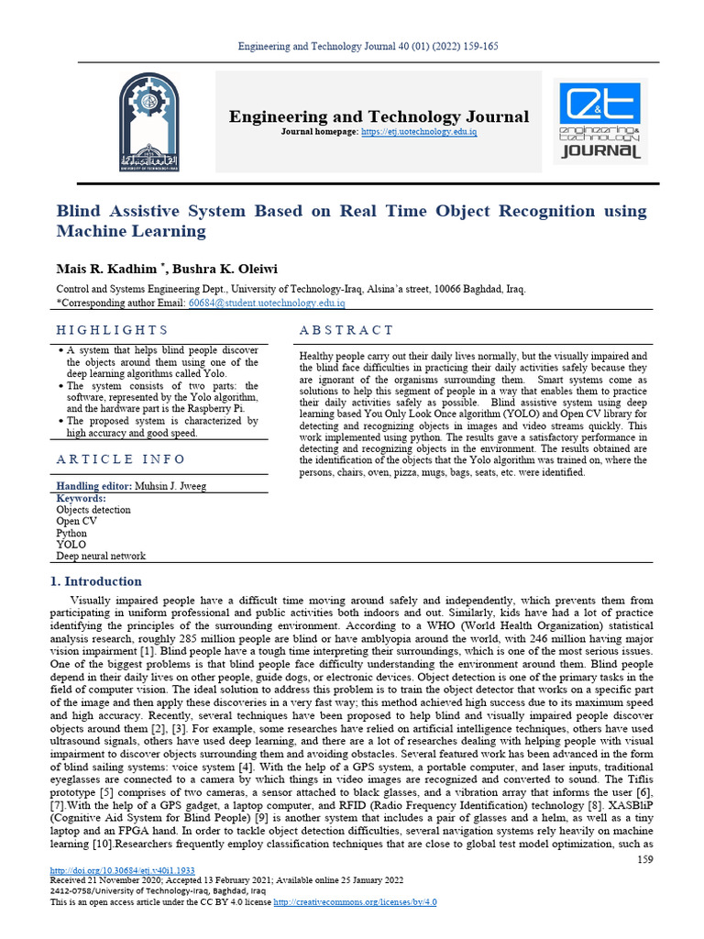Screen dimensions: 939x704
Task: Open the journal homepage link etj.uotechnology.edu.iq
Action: [x=419, y=133]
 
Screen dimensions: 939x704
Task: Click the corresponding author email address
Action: [x=266, y=303]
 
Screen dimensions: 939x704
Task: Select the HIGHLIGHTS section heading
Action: [x=113, y=330]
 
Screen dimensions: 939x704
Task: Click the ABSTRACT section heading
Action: [x=346, y=330]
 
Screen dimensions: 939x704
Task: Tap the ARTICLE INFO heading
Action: [x=121, y=458]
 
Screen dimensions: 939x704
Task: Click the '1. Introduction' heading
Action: [x=96, y=581]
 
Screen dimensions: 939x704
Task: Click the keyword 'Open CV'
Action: [x=76, y=521]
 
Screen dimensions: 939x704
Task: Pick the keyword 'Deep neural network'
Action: [x=101, y=556]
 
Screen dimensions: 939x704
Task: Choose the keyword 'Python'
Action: [x=71, y=533]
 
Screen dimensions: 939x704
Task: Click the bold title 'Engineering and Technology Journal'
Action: [x=379, y=116]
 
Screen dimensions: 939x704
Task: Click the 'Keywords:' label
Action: [x=82, y=498]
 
